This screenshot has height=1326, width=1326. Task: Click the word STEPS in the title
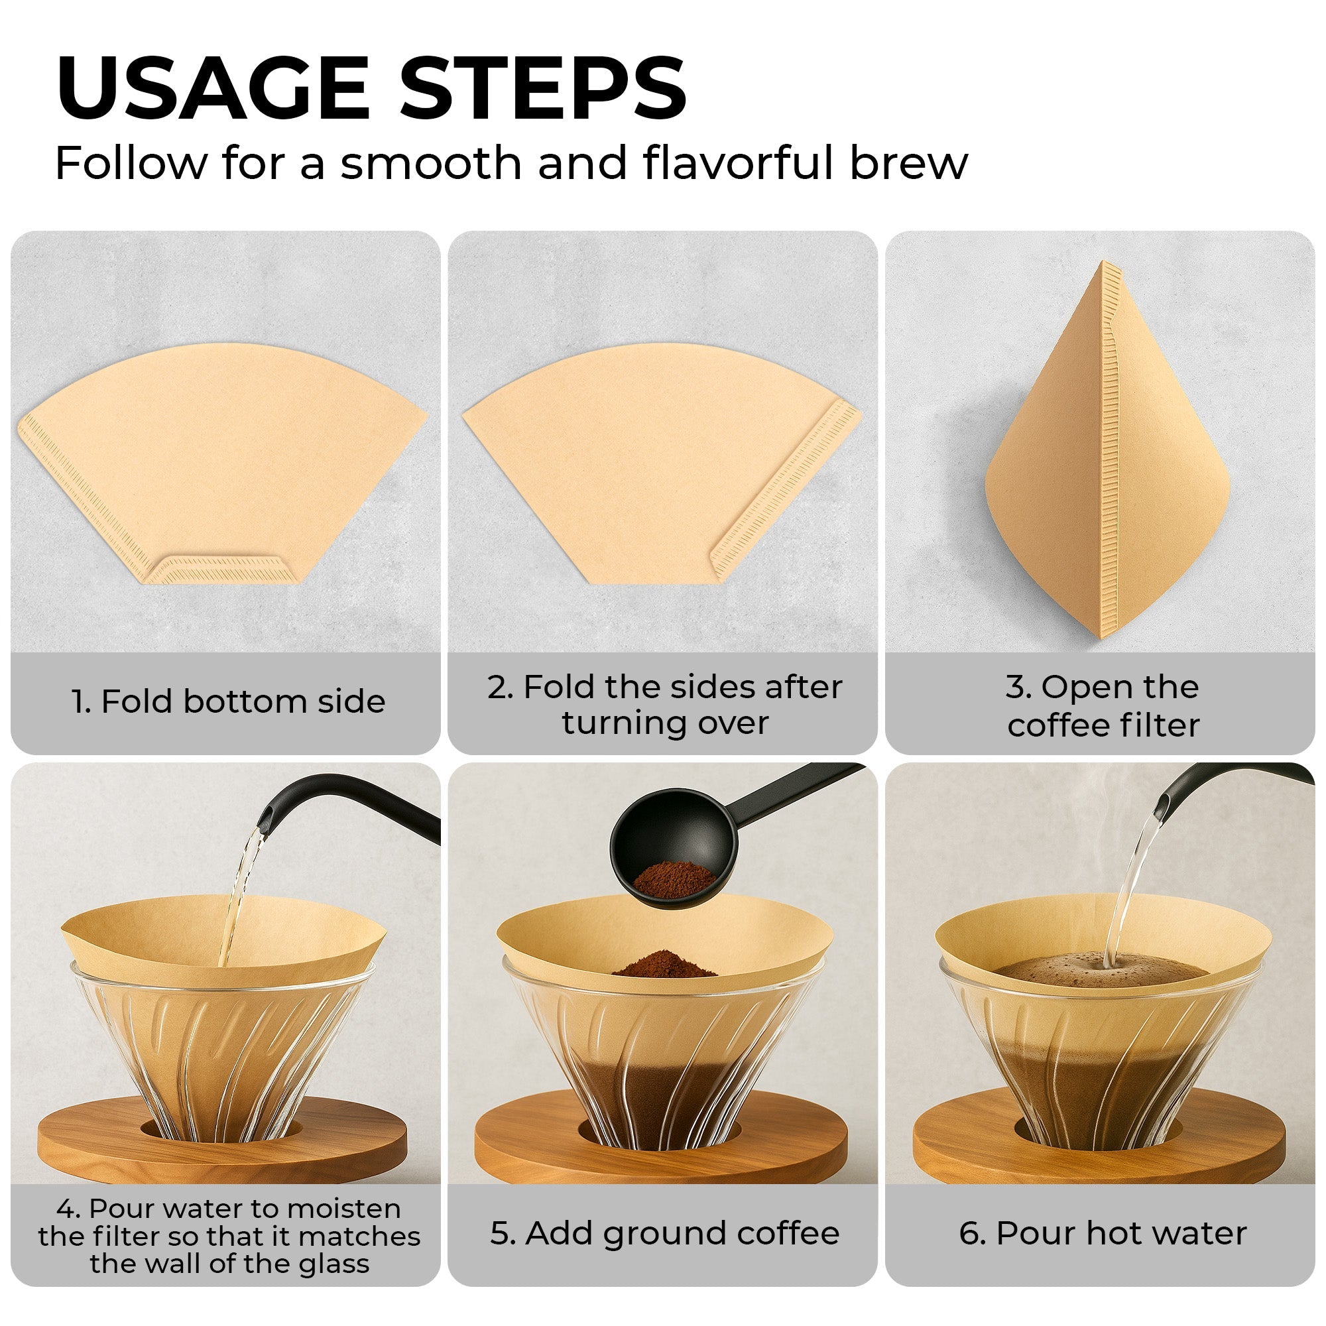(542, 89)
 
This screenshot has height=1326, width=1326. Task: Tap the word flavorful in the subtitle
(738, 162)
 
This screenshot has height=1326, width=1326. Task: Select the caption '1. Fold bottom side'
(228, 701)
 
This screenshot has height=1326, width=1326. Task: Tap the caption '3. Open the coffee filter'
(1103, 705)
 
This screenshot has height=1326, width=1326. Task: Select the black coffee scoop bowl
(672, 851)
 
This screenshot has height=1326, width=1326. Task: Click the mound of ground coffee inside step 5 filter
(664, 964)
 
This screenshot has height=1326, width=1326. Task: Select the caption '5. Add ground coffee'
(664, 1233)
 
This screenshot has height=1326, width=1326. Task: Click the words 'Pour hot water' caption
(1120, 1233)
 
